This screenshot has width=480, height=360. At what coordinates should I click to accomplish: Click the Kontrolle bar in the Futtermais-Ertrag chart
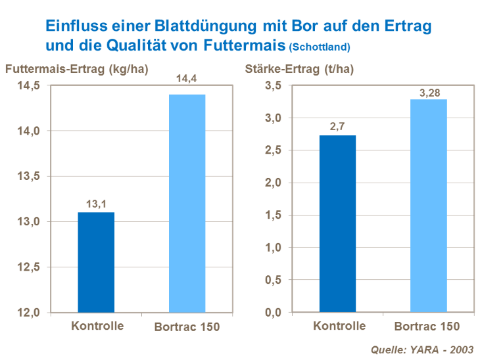[97, 262]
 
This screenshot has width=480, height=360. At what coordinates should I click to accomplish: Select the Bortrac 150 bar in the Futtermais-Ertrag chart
[187, 204]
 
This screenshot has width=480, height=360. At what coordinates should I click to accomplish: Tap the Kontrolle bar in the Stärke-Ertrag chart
[338, 224]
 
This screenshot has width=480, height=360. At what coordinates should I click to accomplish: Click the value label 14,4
[187, 80]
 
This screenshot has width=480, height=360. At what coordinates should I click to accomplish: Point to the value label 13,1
[97, 204]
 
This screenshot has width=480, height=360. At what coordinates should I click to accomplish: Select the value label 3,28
[429, 92]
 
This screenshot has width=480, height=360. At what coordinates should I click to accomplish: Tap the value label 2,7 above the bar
[338, 127]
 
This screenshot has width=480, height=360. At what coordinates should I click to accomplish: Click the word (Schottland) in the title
[320, 47]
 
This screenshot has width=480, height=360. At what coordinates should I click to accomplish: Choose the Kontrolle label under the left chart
[97, 325]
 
